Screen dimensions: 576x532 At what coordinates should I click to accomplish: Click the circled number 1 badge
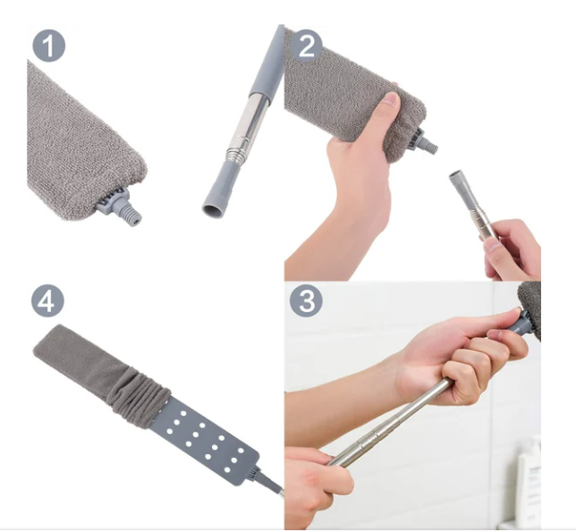point(49,46)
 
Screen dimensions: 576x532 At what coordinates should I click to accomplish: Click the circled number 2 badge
point(307,46)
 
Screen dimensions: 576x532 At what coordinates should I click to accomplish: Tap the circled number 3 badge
point(307,301)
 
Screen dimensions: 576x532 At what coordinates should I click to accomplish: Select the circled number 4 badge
point(47,301)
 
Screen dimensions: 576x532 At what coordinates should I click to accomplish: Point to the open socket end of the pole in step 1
point(212,211)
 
